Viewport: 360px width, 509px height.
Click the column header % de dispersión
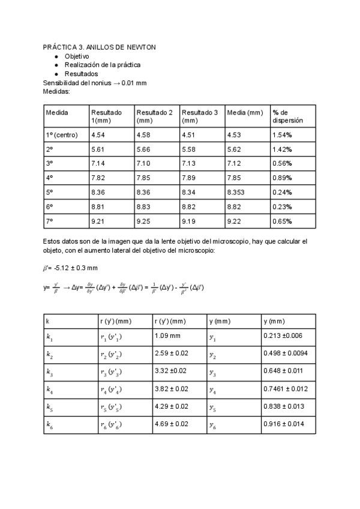click(x=287, y=116)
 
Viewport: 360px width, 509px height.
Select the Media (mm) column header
click(x=245, y=113)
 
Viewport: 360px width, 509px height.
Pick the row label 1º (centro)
click(x=62, y=135)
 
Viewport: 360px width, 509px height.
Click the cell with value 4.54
click(x=98, y=135)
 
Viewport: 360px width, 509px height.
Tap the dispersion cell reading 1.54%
click(x=282, y=135)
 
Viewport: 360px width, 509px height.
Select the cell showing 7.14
click(x=98, y=164)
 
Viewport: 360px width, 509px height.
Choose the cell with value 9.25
click(x=143, y=221)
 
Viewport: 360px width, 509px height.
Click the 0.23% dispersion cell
click(x=282, y=207)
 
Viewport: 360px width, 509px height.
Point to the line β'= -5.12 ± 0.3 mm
click(x=70, y=268)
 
